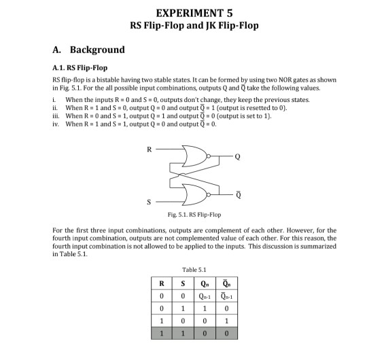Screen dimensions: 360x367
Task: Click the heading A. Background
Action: click(88, 50)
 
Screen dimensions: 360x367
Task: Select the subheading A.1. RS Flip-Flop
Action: click(80, 68)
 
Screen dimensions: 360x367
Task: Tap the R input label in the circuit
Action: click(141, 148)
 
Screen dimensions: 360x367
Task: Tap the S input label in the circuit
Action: click(141, 201)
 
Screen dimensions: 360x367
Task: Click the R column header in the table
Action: click(160, 283)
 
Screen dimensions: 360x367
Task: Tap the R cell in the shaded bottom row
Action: click(160, 334)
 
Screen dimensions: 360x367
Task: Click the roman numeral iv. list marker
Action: click(56, 124)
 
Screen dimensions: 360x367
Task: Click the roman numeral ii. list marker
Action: click(55, 108)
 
